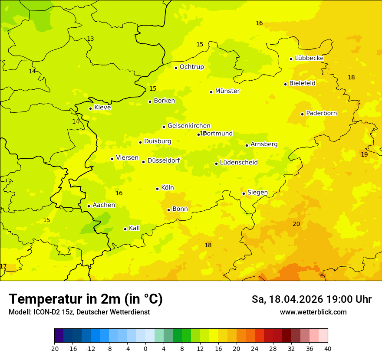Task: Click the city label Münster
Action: [x=227, y=91]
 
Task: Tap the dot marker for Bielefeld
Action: [x=286, y=84]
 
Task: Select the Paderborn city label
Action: [x=321, y=113]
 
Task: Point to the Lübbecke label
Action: [x=309, y=58]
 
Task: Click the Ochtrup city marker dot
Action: [x=176, y=68]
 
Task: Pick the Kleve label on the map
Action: [x=102, y=108]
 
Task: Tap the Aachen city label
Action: [x=104, y=205]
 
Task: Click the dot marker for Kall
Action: [x=125, y=229]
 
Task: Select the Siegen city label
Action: [x=257, y=193]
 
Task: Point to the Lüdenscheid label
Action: [x=239, y=163]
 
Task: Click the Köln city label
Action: [x=167, y=188]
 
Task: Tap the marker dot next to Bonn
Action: [x=169, y=210]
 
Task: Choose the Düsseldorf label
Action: [x=164, y=160]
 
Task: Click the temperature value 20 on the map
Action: [x=296, y=224]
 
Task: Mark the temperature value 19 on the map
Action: [x=364, y=154]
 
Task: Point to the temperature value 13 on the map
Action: [x=90, y=39]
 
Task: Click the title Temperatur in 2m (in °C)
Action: [x=86, y=299]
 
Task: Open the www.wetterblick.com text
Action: [x=313, y=312]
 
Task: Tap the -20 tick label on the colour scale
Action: [x=54, y=348]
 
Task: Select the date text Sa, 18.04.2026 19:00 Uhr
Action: [x=311, y=299]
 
